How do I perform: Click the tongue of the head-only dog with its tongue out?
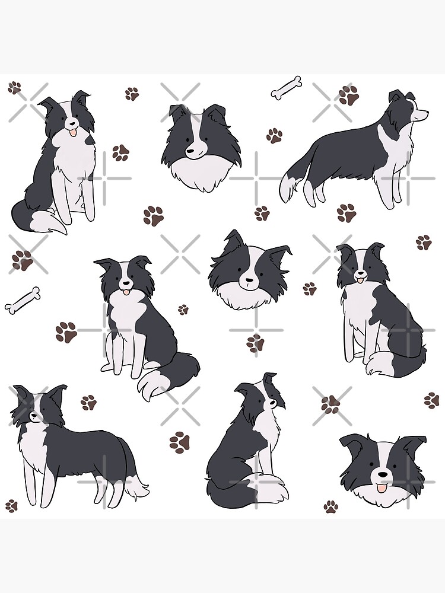pos(379,487)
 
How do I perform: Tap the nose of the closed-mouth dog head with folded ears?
pos(189,152)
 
